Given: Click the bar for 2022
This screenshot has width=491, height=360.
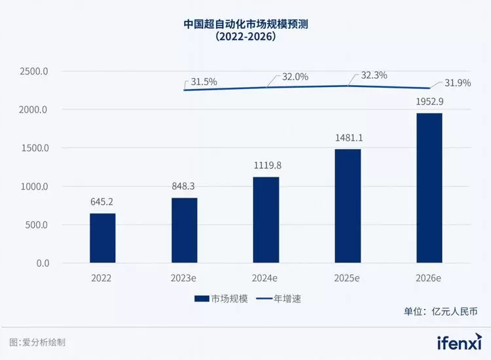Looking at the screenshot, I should (x=102, y=238).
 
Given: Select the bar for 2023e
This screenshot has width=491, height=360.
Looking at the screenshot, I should (x=184, y=230).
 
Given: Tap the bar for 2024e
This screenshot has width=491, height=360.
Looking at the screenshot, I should (x=266, y=220).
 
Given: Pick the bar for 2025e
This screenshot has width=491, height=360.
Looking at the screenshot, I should (x=348, y=206).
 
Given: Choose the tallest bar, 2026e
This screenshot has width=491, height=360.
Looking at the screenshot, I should (x=429, y=189).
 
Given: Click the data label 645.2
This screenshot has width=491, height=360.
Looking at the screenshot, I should (x=102, y=202).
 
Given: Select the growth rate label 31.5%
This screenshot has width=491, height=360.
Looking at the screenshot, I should (x=204, y=82).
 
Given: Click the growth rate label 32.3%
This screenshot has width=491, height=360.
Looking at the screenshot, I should (x=374, y=75).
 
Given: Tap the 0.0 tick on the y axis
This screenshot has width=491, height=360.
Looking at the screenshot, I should (x=42, y=263).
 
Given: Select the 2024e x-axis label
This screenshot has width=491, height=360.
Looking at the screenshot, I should (x=266, y=278).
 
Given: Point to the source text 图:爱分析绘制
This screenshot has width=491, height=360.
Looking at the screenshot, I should (x=37, y=342).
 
